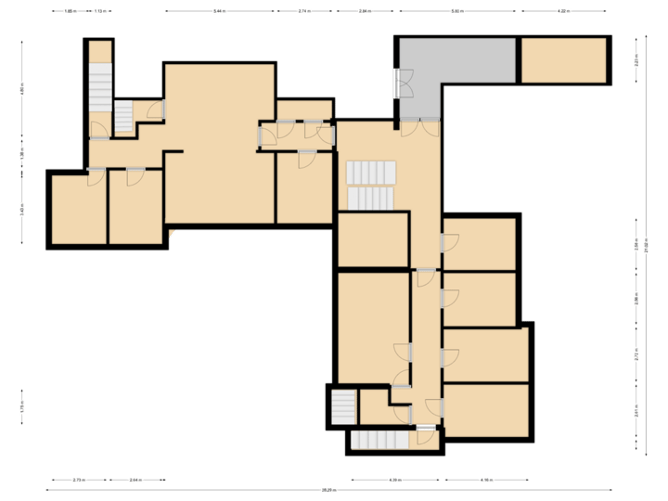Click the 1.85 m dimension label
[70, 11]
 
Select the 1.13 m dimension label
[99, 11]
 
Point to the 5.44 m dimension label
[219, 11]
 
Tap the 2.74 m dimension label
[303, 11]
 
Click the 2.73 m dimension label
[79, 480]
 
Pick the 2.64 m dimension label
[135, 480]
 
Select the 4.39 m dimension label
[394, 480]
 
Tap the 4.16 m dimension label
[486, 480]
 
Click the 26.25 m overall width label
[328, 490]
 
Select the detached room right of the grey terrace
[563, 60]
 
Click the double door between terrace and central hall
[420, 128]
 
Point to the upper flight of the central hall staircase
[371, 173]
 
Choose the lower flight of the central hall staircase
[371, 198]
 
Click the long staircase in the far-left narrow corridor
[99, 87]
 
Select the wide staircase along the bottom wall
[379, 440]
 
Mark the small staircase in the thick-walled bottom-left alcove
[343, 406]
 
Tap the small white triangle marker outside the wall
[172, 235]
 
